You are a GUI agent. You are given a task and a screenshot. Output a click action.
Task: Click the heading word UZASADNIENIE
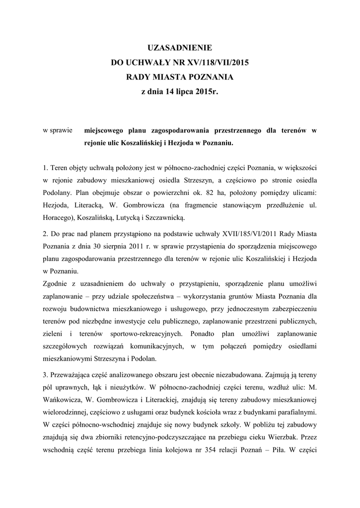click(180, 48)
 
